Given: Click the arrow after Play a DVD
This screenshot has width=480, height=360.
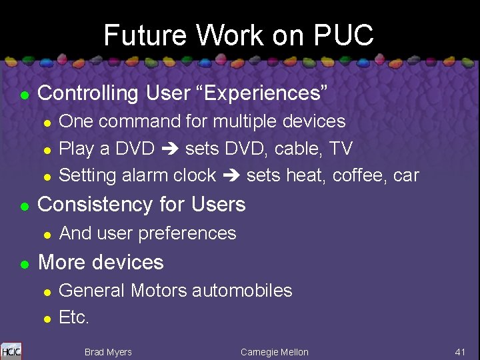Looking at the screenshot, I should pos(170,149).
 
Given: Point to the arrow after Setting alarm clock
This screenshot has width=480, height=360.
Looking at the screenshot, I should pos(231,176).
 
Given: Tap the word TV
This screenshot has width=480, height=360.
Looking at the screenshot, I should pos(341,148).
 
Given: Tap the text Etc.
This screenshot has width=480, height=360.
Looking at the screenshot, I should pos(74,318).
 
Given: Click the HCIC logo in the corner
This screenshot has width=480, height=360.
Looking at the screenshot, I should pos(11,351).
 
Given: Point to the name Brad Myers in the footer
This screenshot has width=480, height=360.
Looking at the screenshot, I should pos(108,352).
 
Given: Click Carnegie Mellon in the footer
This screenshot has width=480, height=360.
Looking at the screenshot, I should pos(275,352).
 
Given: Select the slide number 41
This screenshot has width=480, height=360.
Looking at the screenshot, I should pos(460,351).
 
